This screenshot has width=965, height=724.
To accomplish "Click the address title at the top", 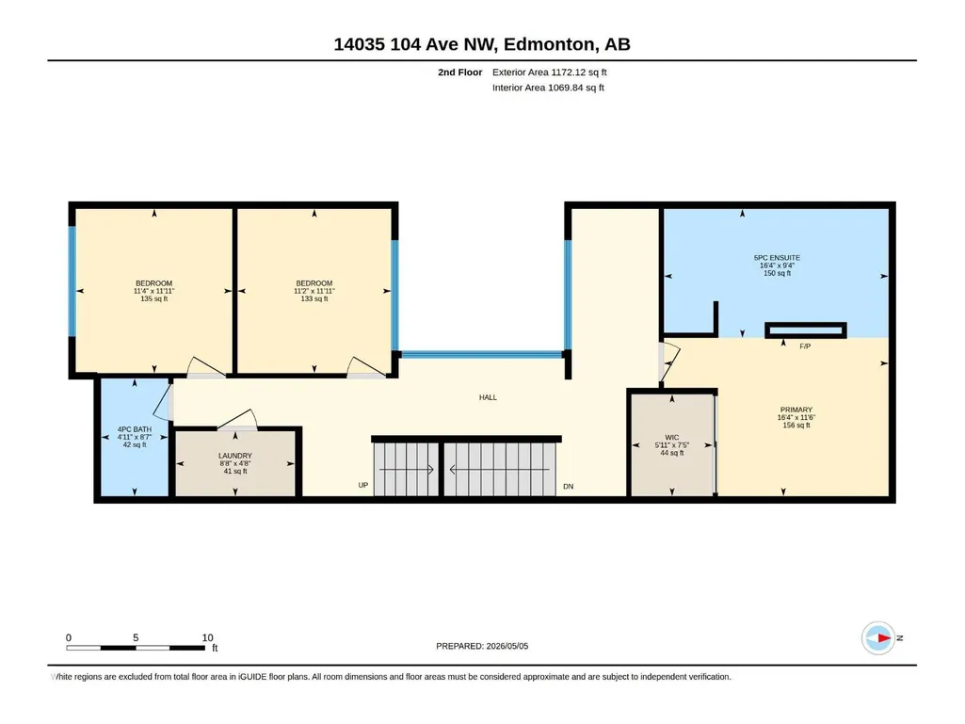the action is click(482, 44).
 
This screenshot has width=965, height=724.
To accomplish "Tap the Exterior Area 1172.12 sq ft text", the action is click(550, 72).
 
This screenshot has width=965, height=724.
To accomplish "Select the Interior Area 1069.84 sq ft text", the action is click(548, 88).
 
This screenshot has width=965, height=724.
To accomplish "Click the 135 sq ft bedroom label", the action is click(153, 291).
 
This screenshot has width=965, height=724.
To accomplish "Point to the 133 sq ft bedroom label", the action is click(314, 291).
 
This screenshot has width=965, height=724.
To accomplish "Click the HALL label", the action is click(488, 397).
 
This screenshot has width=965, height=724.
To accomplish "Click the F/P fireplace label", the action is click(805, 346).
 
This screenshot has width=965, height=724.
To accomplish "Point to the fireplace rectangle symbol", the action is click(806, 330).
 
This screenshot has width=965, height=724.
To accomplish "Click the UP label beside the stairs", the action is click(363, 486).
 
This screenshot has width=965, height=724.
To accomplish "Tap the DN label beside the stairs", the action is click(568, 487).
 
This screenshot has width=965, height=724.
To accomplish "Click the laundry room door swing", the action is click(237, 419).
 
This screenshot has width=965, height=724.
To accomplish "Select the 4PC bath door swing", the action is click(164, 402).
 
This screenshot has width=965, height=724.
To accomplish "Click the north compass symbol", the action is click(878, 637).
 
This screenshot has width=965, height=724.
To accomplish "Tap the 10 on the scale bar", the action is click(207, 637).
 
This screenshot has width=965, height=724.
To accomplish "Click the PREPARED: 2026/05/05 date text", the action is click(482, 646).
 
